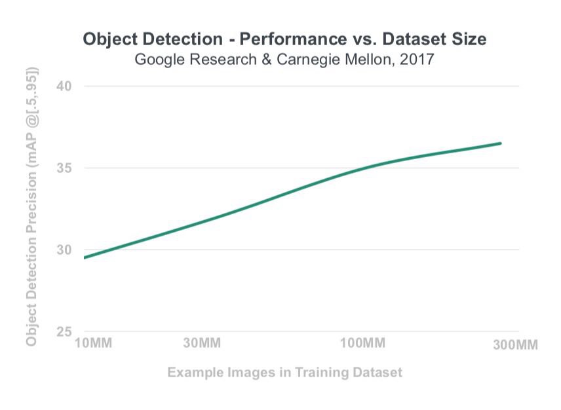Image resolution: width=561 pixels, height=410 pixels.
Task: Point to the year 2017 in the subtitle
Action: (417, 60)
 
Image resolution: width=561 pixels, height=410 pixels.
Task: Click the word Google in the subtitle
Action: (158, 60)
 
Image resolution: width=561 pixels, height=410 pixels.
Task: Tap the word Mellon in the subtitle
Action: (368, 60)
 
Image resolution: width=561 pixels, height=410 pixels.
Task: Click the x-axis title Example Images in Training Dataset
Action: (284, 373)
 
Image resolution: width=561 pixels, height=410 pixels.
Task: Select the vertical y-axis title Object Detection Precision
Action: (31, 206)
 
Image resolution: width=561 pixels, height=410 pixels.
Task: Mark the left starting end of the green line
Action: (85, 257)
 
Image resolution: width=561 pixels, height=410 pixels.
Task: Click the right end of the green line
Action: (501, 143)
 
